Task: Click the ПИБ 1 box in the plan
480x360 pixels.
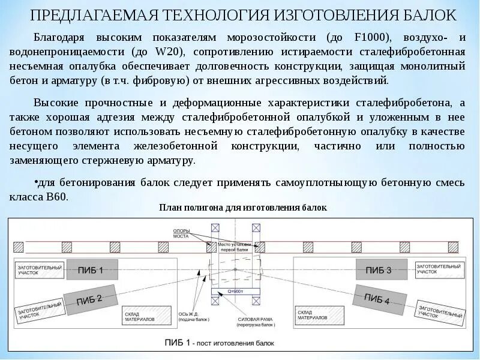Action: pyautogui.click(x=90, y=270)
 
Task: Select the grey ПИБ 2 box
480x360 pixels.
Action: pyautogui.click(x=90, y=298)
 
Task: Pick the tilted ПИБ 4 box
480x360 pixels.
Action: pyautogui.click(x=377, y=298)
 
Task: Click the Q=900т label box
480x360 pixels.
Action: pyautogui.click(x=235, y=290)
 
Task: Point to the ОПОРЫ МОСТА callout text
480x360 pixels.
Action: pyautogui.click(x=181, y=233)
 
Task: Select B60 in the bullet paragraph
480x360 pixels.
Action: pyautogui.click(x=56, y=196)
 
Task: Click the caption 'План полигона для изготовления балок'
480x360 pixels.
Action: pyautogui.click(x=243, y=208)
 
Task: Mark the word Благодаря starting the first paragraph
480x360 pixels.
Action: pyautogui.click(x=59, y=37)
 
